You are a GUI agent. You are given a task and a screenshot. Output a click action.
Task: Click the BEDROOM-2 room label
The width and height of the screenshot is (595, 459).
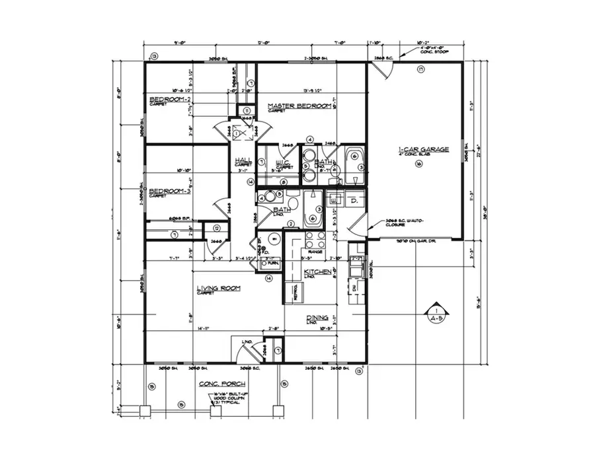pyautogui.click(x=170, y=99)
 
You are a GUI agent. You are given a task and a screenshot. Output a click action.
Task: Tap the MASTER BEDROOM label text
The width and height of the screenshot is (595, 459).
pyautogui.click(x=299, y=106)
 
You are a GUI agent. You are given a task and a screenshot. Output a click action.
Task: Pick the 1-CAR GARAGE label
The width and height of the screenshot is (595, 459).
pyautogui.click(x=423, y=150)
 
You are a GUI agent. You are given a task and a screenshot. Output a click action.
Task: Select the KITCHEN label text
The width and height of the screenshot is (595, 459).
pyautogui.click(x=317, y=271)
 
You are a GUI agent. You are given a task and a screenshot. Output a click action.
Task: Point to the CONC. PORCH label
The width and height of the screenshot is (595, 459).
pyautogui.click(x=222, y=384)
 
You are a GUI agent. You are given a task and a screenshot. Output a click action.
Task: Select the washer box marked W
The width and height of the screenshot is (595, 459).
pyautogui.click(x=335, y=199)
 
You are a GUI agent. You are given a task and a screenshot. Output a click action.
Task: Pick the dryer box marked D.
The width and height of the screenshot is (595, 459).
pyautogui.click(x=354, y=199)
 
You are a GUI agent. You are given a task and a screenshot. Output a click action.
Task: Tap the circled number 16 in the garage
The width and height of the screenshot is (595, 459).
pyautogui.click(x=418, y=164)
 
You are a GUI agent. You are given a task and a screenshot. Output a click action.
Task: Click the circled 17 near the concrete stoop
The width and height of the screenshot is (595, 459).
pyautogui.click(x=420, y=69)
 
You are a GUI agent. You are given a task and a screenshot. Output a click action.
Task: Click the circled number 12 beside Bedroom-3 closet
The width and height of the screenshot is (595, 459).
pyautogui.click(x=216, y=229)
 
